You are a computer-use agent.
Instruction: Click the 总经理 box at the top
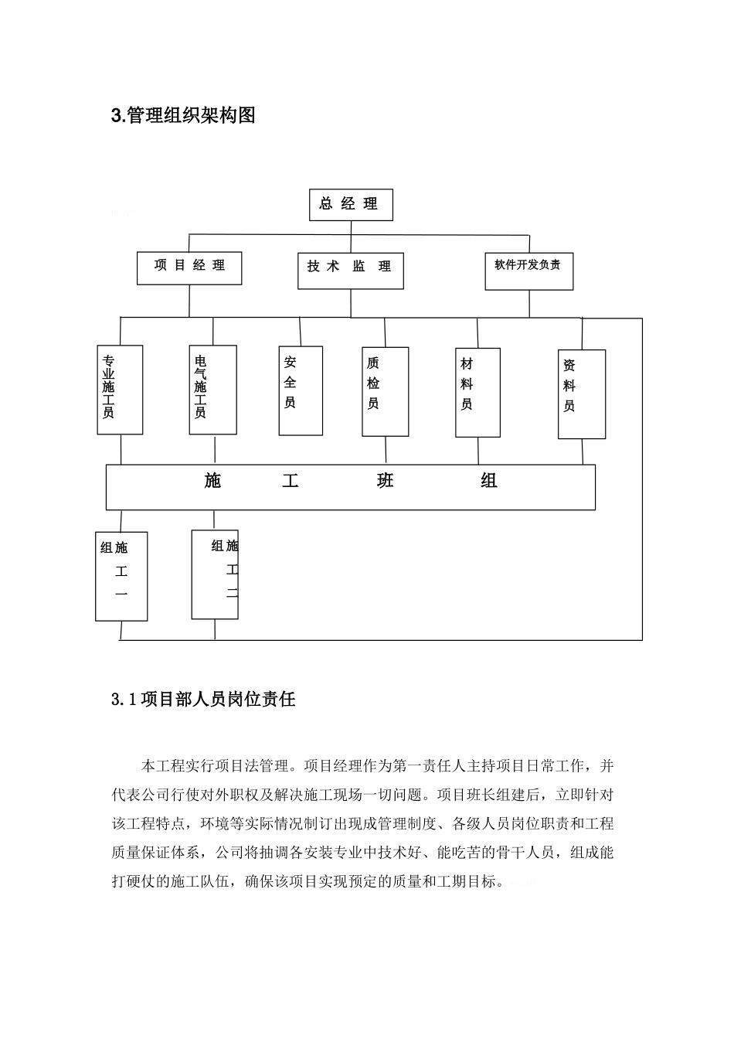(x=351, y=205)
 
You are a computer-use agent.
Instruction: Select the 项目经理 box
(x=190, y=267)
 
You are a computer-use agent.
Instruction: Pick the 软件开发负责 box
(x=528, y=270)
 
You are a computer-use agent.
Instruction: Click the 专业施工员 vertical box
(x=121, y=389)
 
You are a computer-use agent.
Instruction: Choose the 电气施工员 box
(x=212, y=389)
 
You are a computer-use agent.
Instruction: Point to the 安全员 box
(x=301, y=390)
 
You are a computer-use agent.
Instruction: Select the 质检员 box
(x=385, y=391)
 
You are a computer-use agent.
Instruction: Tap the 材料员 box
(x=477, y=392)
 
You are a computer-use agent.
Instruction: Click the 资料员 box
(x=581, y=394)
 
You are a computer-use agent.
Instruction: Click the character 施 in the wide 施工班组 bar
(x=213, y=482)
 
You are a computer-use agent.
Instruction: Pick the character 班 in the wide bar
(x=385, y=482)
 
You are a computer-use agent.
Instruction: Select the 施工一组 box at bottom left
(x=121, y=576)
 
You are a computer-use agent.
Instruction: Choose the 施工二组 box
(x=215, y=574)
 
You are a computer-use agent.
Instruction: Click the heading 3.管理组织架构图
(x=183, y=116)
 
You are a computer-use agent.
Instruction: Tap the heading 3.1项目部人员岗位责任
(x=203, y=700)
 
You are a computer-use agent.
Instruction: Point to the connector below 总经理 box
(x=351, y=227)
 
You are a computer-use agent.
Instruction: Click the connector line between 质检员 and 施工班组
(x=385, y=451)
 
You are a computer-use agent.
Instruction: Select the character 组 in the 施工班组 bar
(x=489, y=482)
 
